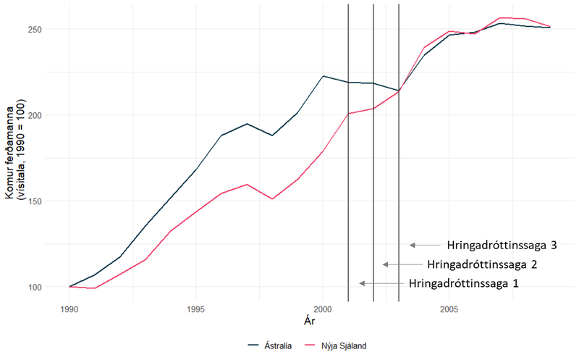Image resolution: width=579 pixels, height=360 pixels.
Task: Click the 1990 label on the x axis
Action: pos(69,308)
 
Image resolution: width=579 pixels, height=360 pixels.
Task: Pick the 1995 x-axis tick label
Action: pos(195,308)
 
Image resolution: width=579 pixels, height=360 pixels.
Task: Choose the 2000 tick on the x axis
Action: pos(323,308)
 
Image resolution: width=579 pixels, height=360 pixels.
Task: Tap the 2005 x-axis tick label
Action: pos(449,308)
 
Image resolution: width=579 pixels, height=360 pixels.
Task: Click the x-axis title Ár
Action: pos(309,319)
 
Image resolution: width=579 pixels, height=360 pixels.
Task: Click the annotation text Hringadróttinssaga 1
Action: pos(463,282)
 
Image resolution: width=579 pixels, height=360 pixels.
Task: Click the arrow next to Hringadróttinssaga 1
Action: pos(380,282)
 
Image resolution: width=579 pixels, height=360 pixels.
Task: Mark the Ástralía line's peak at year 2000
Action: pos(323,76)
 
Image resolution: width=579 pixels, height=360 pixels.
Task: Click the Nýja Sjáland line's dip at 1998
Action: pos(272,198)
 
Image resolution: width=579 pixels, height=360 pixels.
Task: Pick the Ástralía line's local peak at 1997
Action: pos(247,124)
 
